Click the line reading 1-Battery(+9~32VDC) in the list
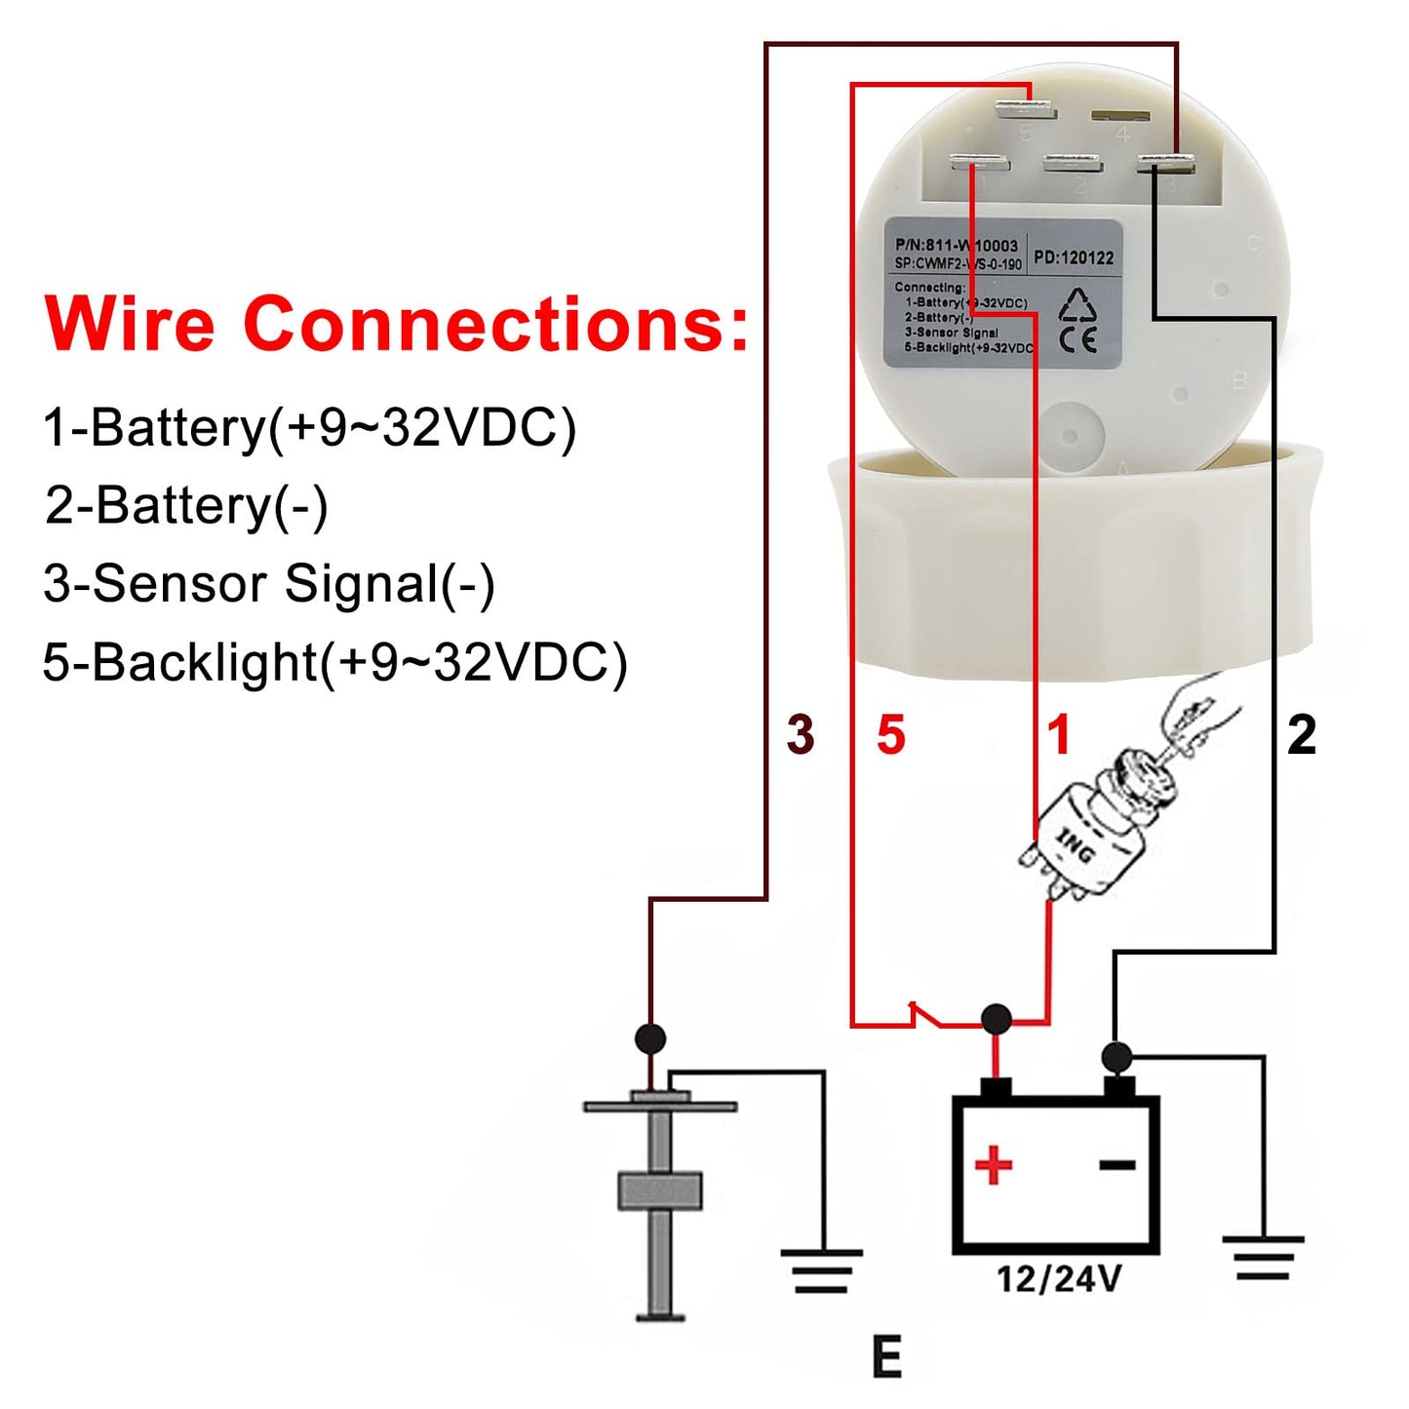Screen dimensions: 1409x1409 (309, 427)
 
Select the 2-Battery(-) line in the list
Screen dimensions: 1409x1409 (186, 505)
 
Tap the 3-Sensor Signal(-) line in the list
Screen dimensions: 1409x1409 (269, 584)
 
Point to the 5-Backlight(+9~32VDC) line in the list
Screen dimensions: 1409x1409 (334, 662)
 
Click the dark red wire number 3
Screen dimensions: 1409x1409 (801, 734)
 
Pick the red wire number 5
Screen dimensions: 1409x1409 (890, 734)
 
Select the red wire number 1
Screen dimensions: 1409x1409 (1059, 734)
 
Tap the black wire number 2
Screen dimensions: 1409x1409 (1302, 734)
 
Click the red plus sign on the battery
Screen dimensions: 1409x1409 (994, 1165)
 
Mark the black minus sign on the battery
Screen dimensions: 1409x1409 (1117, 1164)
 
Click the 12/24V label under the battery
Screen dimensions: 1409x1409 (1058, 1278)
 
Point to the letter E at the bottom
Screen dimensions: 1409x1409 (886, 1357)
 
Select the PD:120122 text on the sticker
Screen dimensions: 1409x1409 (1074, 258)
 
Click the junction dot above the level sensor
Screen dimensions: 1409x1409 (650, 1038)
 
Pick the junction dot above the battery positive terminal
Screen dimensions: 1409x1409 (996, 1020)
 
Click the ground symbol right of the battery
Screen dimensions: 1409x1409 (1263, 1258)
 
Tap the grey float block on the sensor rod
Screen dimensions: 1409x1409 (660, 1192)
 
